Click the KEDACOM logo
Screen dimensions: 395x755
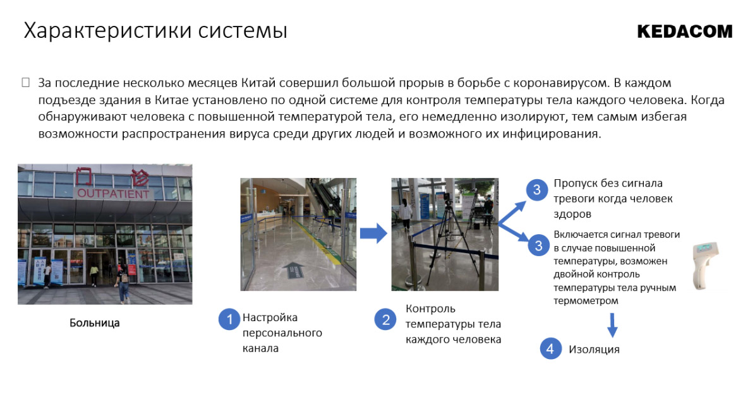[684, 32]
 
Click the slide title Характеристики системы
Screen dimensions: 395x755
[155, 31]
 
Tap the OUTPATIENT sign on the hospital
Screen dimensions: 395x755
[114, 194]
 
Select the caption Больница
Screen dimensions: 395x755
[94, 323]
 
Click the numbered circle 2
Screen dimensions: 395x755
[385, 319]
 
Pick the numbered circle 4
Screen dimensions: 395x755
[551, 348]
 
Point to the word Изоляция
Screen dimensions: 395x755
[594, 350]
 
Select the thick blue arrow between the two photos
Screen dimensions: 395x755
[373, 233]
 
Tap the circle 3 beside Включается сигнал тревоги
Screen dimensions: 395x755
[538, 245]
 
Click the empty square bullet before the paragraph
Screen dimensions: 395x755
[26, 83]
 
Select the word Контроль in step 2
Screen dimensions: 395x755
[430, 309]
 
